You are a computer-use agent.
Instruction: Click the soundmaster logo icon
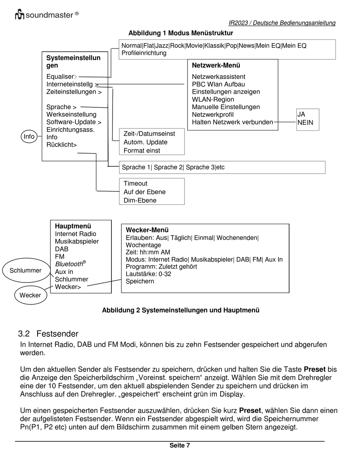pyautogui.click(x=20, y=15)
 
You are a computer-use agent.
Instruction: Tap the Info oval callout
pyautogui.click(x=29, y=136)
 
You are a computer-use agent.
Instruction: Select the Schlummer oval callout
pyautogui.click(x=25, y=270)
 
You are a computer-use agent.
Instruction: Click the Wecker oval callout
pyautogui.click(x=30, y=295)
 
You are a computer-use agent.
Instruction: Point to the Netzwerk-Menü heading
pyautogui.click(x=216, y=65)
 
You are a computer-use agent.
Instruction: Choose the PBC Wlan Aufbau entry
pyautogui.click(x=218, y=84)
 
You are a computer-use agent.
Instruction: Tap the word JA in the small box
pyautogui.click(x=301, y=114)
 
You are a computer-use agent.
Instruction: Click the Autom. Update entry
pyautogui.click(x=146, y=142)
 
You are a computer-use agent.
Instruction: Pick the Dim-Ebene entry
pyautogui.click(x=140, y=200)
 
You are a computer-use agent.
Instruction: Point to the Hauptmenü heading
pyautogui.click(x=73, y=226)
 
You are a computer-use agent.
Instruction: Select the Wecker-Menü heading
pyautogui.click(x=147, y=230)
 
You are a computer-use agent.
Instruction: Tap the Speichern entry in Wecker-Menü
pyautogui.click(x=140, y=281)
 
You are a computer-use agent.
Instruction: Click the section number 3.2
pyautogui.click(x=24, y=334)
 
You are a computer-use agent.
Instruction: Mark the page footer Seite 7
pyautogui.click(x=180, y=445)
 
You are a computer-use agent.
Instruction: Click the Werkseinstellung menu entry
pyautogui.click(x=71, y=115)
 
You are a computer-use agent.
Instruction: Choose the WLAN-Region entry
pyautogui.click(x=213, y=99)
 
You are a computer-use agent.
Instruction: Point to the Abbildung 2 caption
pyautogui.click(x=181, y=310)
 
